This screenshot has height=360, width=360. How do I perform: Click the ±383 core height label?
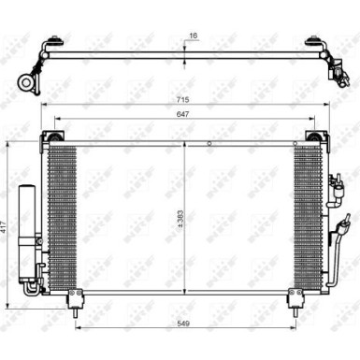tap(181, 218)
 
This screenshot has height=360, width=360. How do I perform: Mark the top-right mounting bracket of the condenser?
tap(311, 139)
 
